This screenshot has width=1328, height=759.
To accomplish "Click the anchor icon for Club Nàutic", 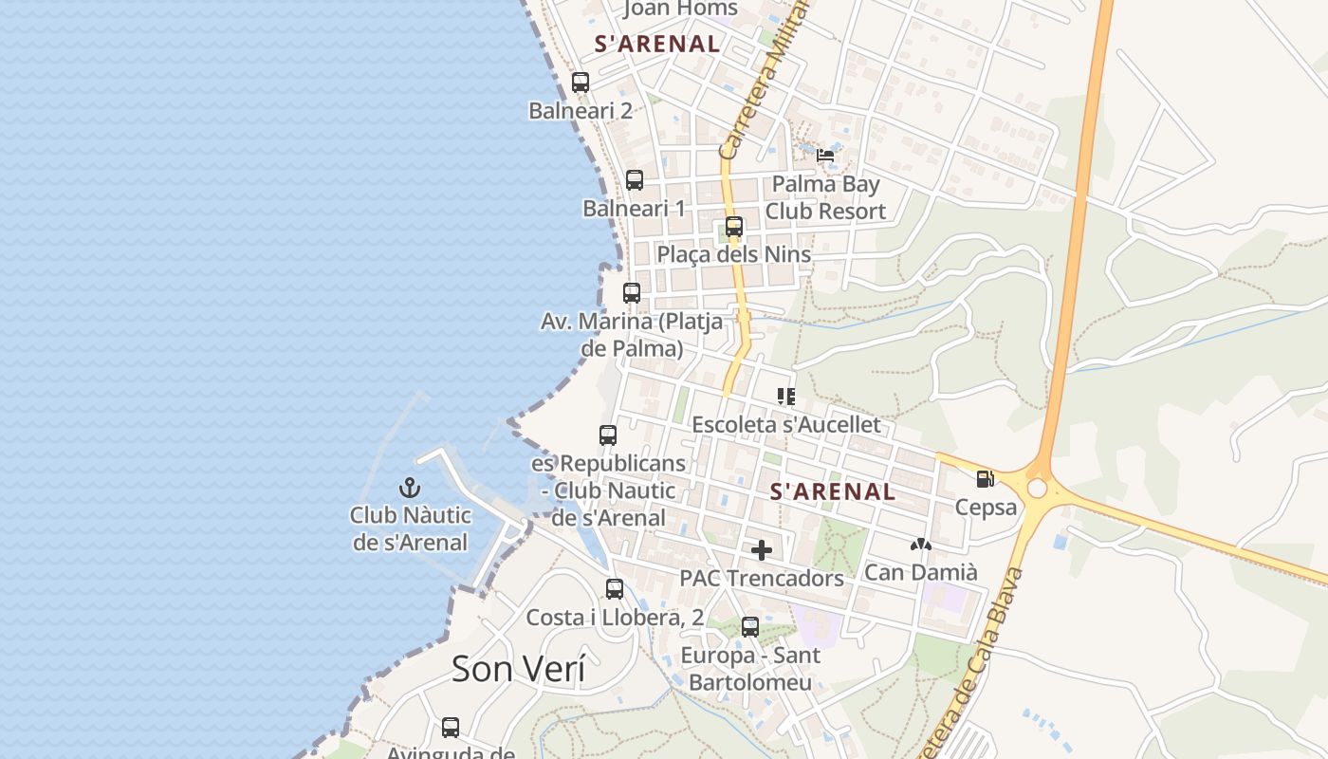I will tap(410, 489).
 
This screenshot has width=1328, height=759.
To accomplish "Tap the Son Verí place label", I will tap(518, 669).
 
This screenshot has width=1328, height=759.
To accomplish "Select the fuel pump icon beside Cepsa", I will tap(986, 480).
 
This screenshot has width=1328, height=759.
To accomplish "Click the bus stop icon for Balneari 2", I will tap(581, 83).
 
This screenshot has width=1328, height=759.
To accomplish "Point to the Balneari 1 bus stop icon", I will tap(635, 180).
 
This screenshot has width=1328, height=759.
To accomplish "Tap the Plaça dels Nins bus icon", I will tap(734, 227).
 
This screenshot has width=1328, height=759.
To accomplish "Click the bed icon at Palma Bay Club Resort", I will tap(825, 156).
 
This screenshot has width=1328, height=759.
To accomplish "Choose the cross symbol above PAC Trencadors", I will tap(761, 550).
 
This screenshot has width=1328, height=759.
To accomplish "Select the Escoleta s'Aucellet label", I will tap(786, 424).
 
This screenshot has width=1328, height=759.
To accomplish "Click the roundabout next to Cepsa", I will tap(1037, 488).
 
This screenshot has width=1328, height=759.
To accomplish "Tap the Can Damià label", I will tap(920, 572).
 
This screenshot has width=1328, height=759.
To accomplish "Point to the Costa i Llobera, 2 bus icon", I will tap(615, 589).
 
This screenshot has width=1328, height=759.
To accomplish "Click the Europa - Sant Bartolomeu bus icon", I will tap(750, 627).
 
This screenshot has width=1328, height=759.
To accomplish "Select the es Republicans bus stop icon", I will tap(608, 435).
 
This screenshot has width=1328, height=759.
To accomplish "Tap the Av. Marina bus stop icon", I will tap(632, 293).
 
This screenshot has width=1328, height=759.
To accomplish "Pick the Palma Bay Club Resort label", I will tap(825, 197).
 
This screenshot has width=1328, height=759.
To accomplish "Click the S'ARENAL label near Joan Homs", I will tap(657, 44).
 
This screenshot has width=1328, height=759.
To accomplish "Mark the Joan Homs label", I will tap(680, 9).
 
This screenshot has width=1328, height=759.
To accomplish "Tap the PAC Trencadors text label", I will tap(762, 578).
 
